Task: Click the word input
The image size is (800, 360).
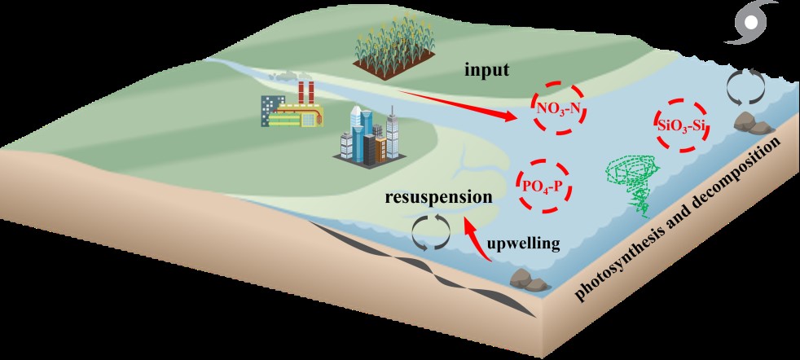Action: point(487,70)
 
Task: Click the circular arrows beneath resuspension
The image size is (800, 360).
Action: point(430,233)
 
